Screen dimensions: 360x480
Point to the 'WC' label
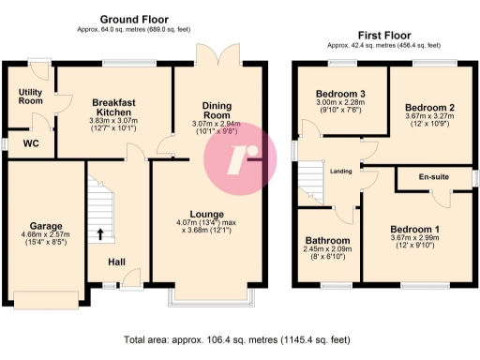click(31, 143)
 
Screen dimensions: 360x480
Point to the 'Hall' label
click(116, 262)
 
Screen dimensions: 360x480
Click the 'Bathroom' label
click(328, 239)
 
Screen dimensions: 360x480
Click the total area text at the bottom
click(240, 340)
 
